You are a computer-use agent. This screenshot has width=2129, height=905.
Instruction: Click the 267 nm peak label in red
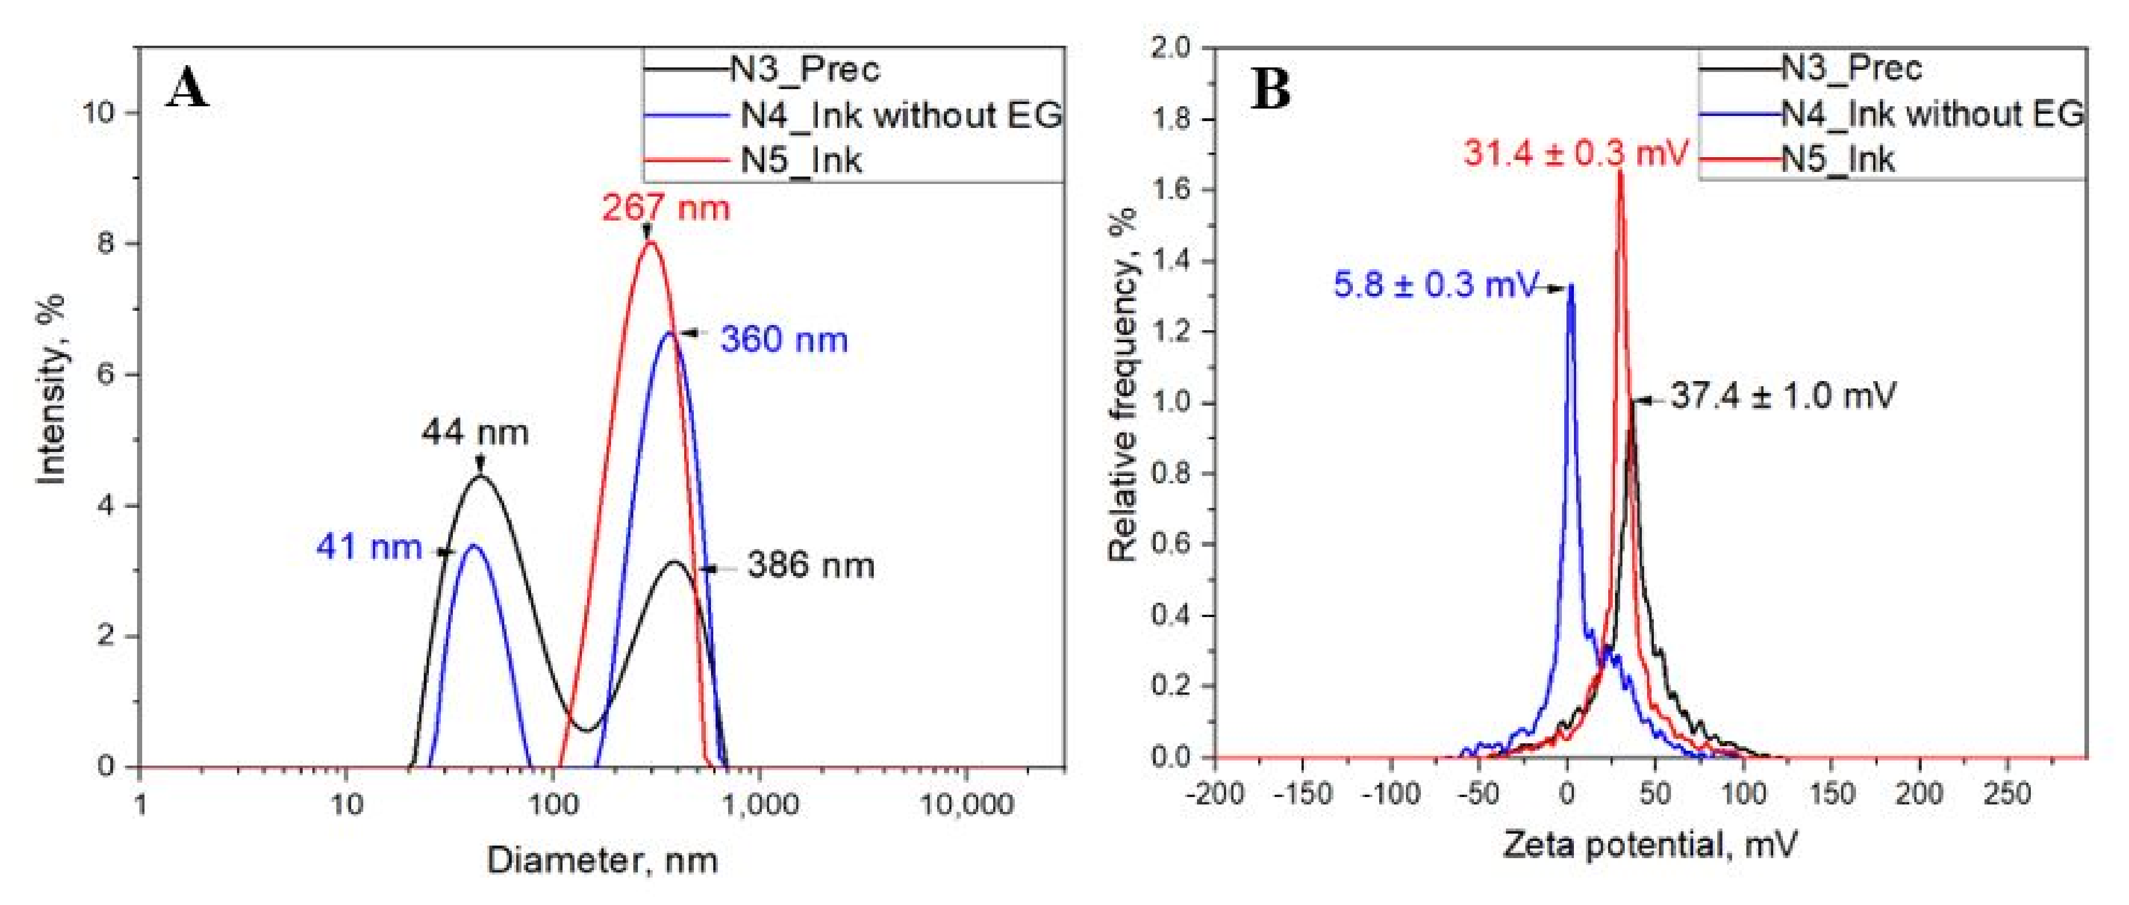665,207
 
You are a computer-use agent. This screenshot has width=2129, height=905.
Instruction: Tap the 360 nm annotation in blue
784,340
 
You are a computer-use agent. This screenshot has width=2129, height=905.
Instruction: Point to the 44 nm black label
475,433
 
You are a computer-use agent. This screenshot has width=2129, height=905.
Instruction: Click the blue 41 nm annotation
368,547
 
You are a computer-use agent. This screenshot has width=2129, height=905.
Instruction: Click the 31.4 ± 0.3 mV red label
1575,154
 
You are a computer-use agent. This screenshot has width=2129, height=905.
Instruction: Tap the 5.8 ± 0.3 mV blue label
1436,286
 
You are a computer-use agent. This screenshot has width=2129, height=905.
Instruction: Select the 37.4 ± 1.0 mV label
1783,396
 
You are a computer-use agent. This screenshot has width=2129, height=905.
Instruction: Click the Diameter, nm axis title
602,861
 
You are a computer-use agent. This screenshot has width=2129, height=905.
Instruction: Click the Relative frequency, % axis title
1123,385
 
